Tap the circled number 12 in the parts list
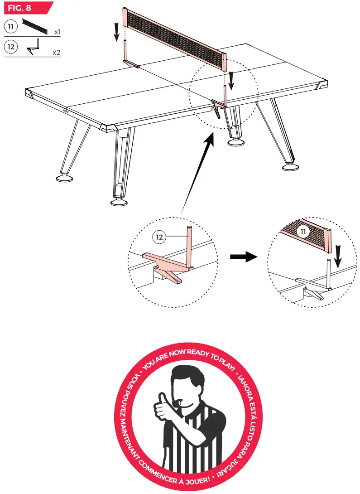click(x=13, y=47)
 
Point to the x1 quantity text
click(x=58, y=33)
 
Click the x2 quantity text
click(x=56, y=53)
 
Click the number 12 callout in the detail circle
click(x=158, y=237)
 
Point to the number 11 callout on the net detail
click(x=302, y=232)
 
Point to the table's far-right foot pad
click(x=290, y=167)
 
